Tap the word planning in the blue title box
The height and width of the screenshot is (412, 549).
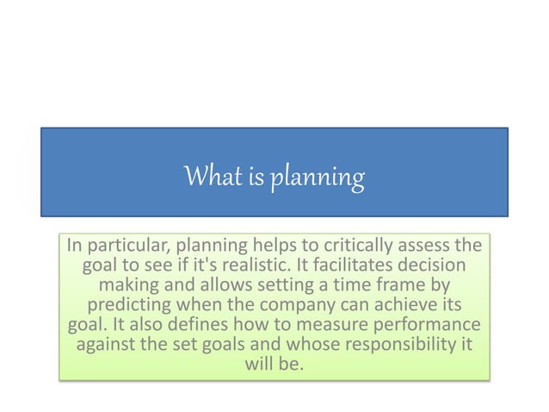pyautogui.click(x=318, y=179)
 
